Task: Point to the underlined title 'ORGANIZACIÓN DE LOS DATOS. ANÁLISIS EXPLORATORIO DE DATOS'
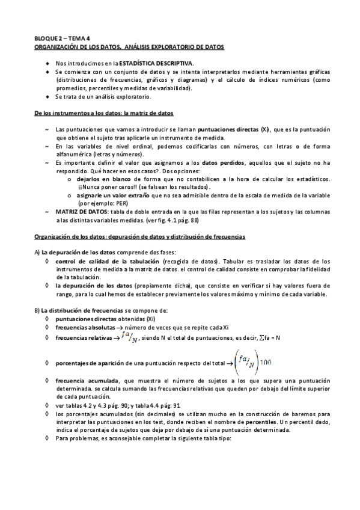pos(128,46)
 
